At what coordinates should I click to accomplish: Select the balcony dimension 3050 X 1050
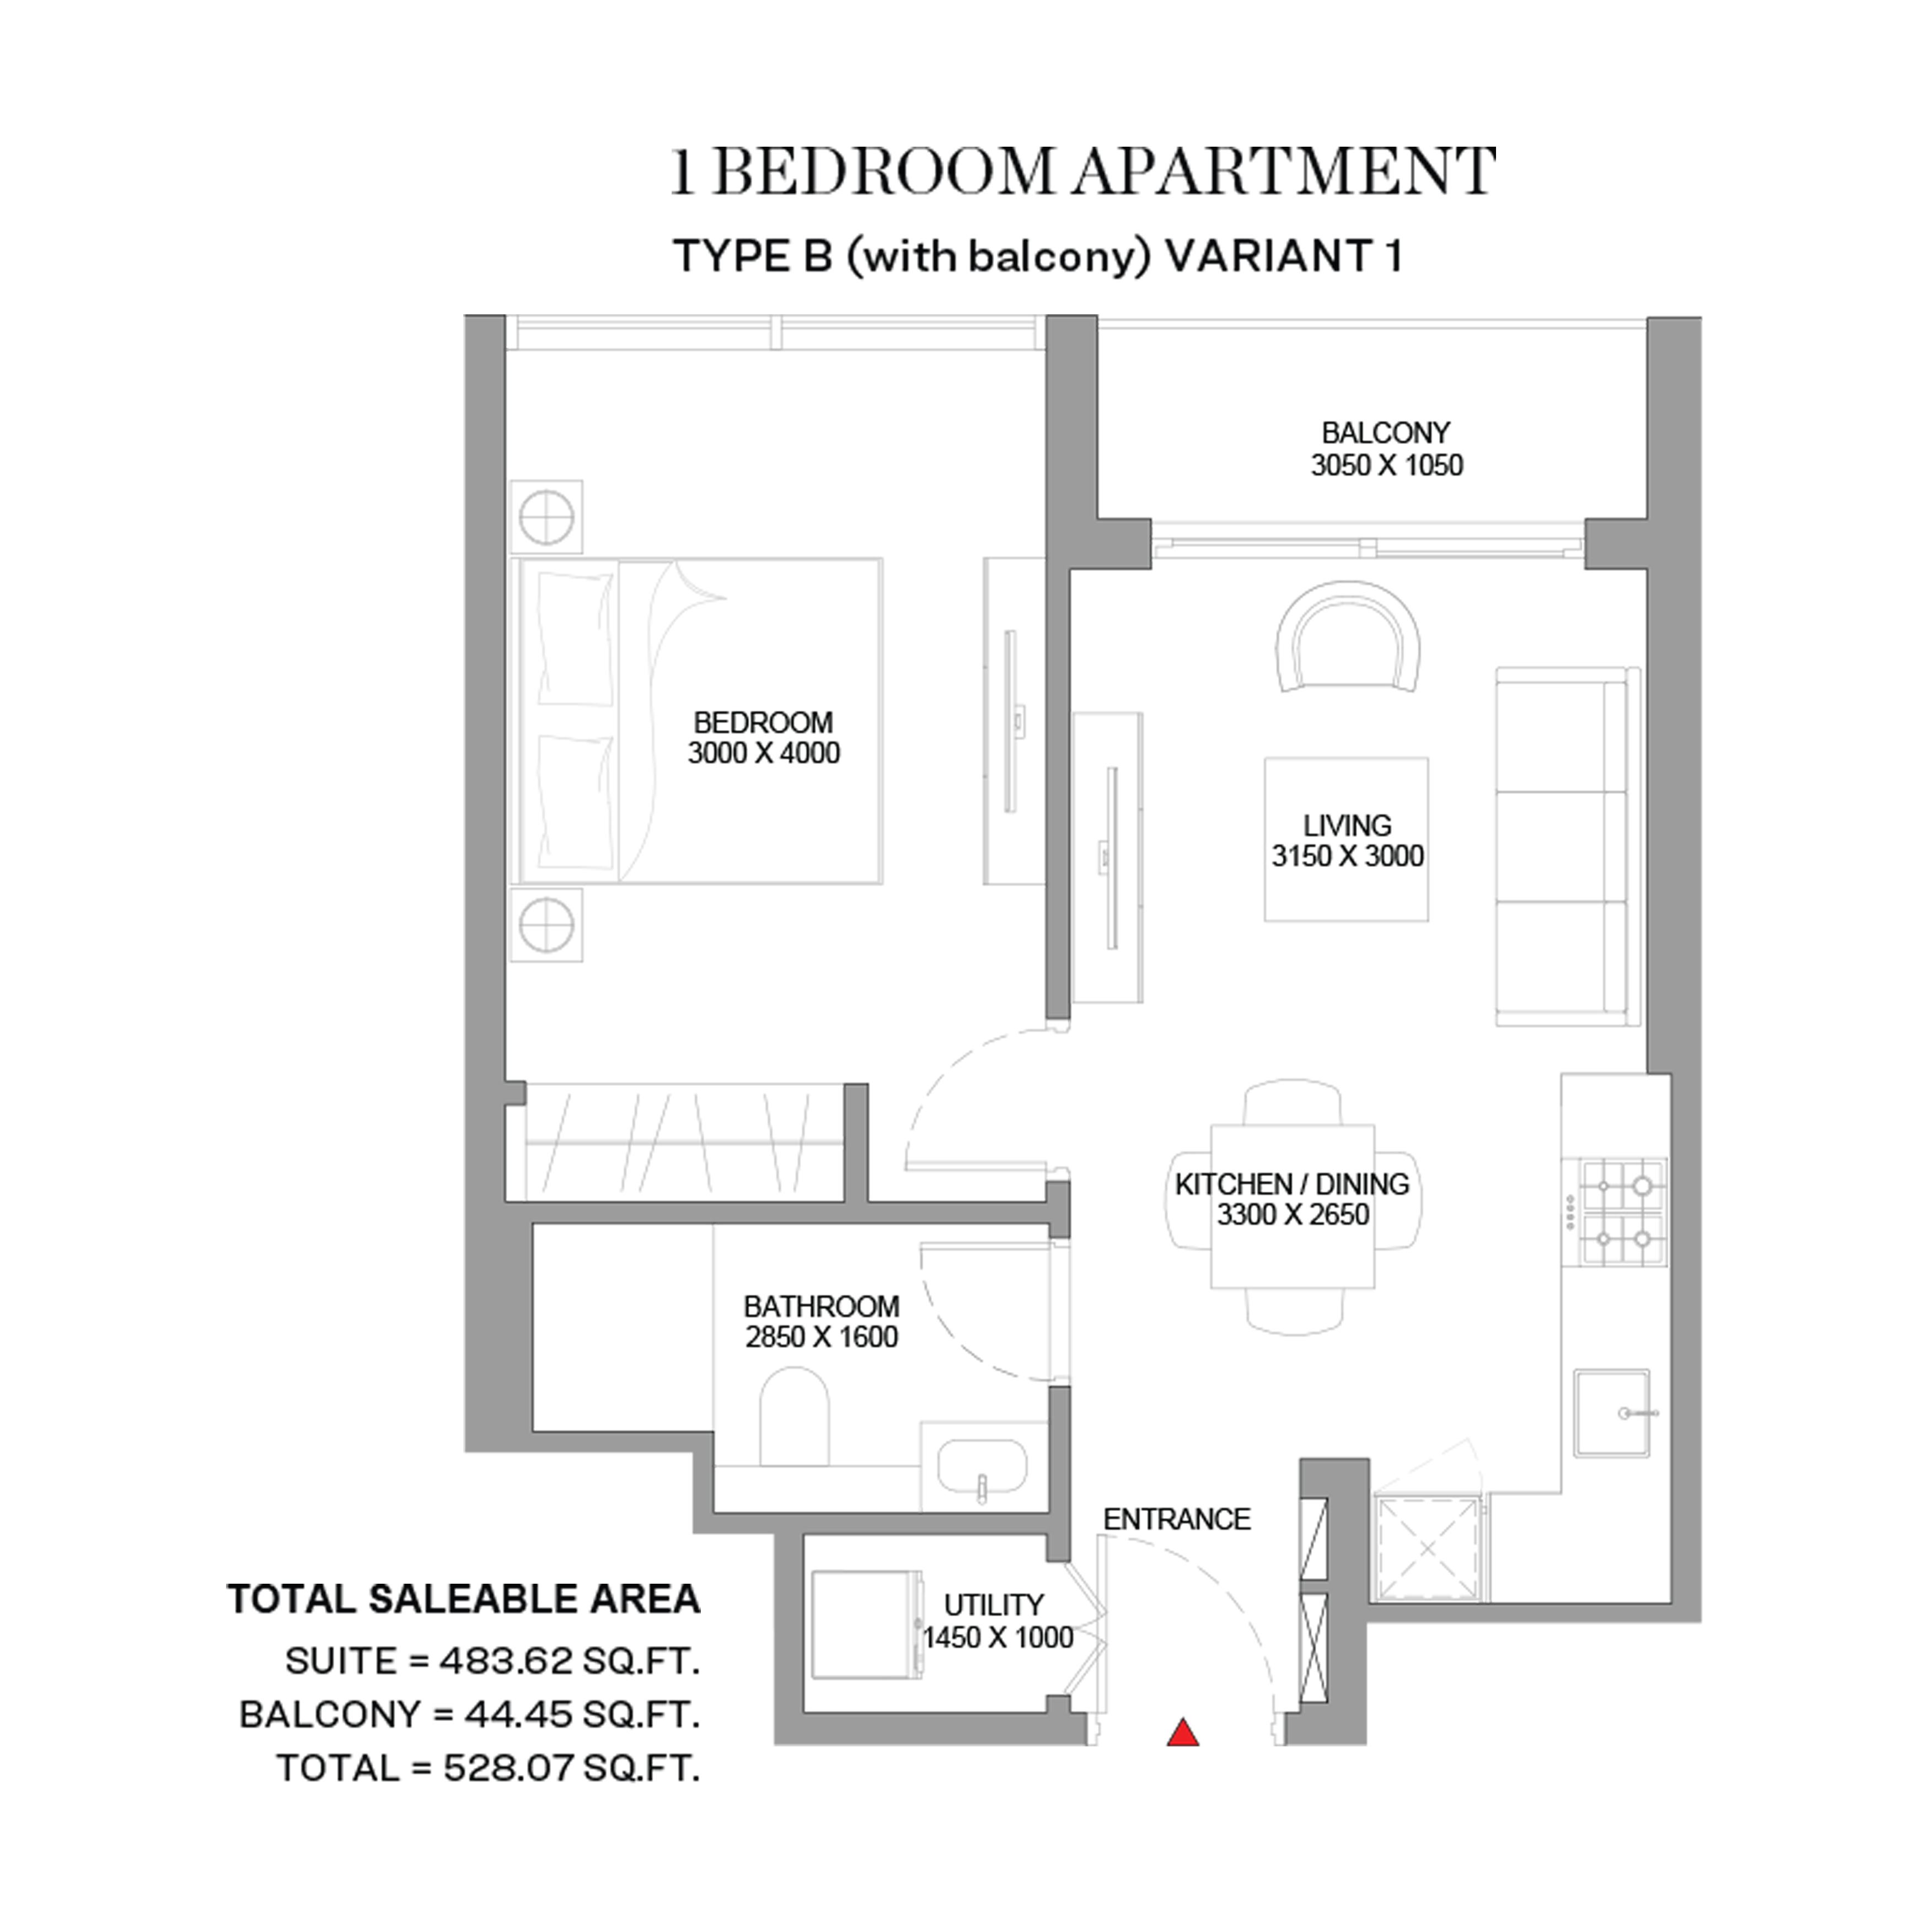point(1386,465)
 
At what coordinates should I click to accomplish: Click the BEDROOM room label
point(763,722)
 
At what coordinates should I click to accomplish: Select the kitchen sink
point(1611,1413)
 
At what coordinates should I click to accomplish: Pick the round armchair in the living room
point(1348,637)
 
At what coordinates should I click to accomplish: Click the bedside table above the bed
point(545,517)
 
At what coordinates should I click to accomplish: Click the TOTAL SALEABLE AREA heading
point(464,1599)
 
